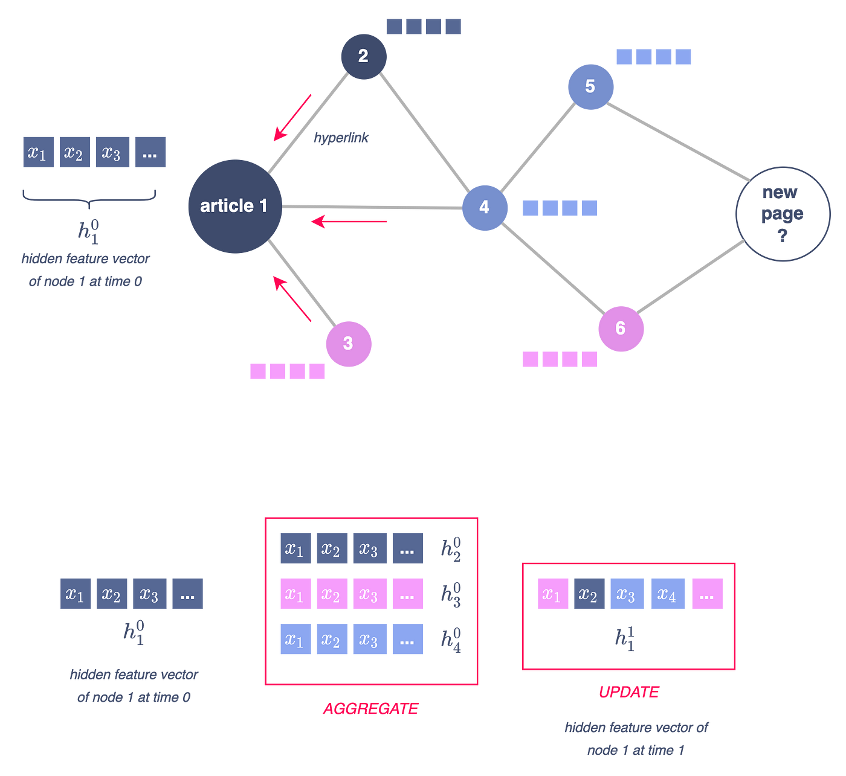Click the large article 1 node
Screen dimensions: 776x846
234,207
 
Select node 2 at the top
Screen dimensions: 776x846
363,56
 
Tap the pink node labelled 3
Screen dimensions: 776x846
348,344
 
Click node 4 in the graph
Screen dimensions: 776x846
485,208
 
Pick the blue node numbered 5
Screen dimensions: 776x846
590,87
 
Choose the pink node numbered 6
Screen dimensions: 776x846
621,329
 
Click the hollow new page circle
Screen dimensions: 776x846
783,214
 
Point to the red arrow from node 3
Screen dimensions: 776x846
292,298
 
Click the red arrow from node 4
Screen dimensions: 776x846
349,222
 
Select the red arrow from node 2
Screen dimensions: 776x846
292,118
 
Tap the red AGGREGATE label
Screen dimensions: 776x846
371,708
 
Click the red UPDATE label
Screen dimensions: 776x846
629,692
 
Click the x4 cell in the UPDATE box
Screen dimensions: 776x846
667,594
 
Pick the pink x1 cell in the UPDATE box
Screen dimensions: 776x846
553,594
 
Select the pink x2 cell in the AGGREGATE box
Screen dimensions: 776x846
332,594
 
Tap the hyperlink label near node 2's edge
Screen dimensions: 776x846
341,138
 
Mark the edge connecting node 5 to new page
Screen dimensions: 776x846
679,141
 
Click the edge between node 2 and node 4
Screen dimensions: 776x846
424,132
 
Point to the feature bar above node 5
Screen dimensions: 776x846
653,57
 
